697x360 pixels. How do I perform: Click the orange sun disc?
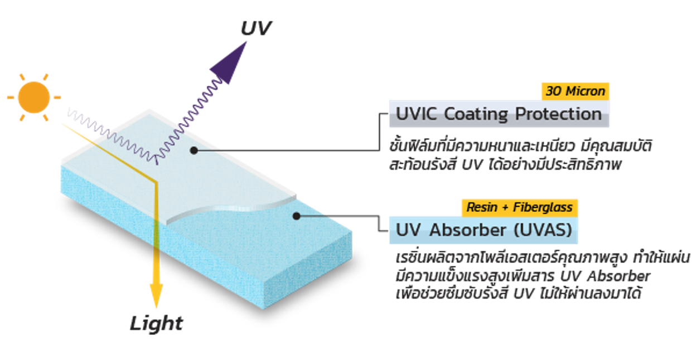click(34, 98)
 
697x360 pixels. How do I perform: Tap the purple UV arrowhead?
click(231, 63)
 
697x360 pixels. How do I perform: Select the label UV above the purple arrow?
click(256, 28)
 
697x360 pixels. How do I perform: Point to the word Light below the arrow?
click(156, 323)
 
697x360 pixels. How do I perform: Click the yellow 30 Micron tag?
click(575, 91)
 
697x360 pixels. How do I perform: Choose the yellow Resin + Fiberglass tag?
click(520, 207)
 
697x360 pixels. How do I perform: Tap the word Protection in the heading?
click(558, 114)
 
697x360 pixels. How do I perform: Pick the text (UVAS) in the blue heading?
click(543, 230)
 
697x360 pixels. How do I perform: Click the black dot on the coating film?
click(194, 150)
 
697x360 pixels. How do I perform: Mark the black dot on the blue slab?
click(296, 216)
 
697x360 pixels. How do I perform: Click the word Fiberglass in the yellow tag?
click(543, 207)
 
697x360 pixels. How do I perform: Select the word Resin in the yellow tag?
click(482, 207)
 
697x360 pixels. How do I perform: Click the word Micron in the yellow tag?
click(585, 91)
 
